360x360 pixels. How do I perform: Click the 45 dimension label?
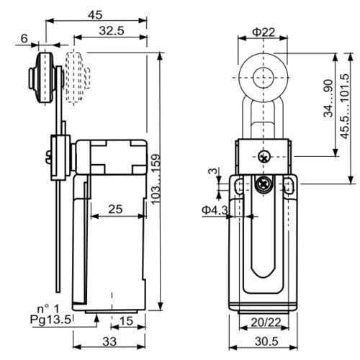[95, 15]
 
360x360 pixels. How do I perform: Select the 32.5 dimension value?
[112, 31]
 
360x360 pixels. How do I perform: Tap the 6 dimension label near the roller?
[24, 38]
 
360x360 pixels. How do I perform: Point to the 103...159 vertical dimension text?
[156, 179]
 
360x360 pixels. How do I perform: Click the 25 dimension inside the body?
[115, 210]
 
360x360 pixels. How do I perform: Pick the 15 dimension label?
[126, 321]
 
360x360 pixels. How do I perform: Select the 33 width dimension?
[109, 341]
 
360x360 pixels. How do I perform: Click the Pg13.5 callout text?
[50, 320]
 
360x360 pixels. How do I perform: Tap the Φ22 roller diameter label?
[264, 32]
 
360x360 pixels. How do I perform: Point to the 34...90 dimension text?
[328, 98]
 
